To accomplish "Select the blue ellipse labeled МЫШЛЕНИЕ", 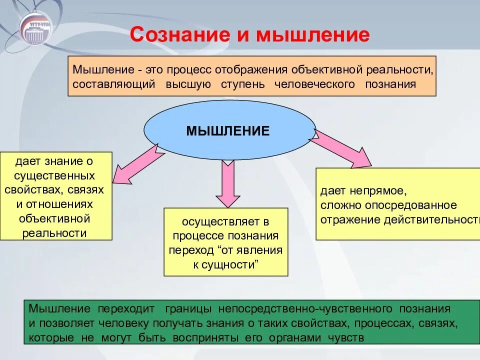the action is pos(230,131).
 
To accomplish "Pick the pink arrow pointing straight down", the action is pos(228,182).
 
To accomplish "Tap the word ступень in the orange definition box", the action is pos(242,84).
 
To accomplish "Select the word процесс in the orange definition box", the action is pos(189,68).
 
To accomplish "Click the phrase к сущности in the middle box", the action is pos(225,264).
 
